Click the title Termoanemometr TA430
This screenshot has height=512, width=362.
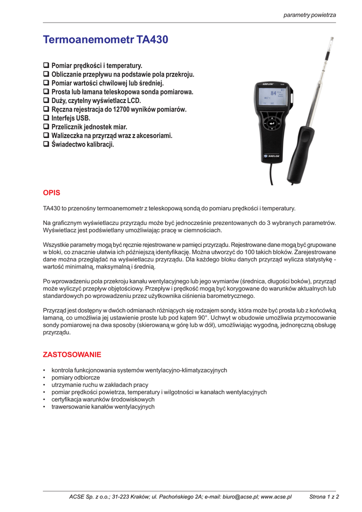[x=105, y=39]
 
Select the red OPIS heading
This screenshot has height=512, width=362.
[x=51, y=192]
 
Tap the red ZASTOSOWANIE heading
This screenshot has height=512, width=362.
[x=72, y=354]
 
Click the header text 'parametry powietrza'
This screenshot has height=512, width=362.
[x=309, y=15]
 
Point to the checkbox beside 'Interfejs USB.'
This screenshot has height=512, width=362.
[x=46, y=118]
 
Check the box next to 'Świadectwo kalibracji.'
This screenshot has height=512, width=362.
[x=46, y=145]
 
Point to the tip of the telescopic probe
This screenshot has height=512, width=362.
[x=331, y=39]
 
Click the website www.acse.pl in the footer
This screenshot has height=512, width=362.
[x=276, y=497]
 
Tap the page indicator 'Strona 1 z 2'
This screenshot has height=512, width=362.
[x=324, y=497]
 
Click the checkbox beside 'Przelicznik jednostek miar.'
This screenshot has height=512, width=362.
[x=46, y=127]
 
